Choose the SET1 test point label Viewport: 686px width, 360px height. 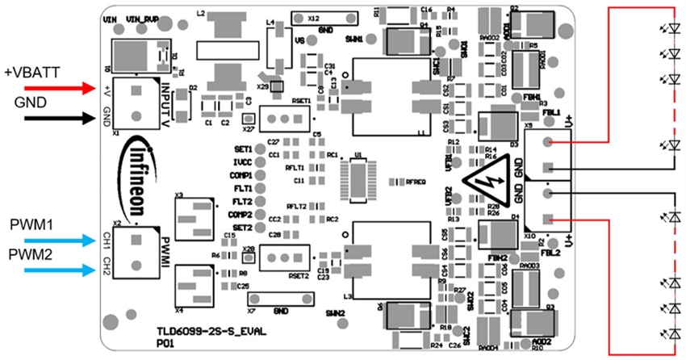click(242, 149)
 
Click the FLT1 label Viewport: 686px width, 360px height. click(242, 188)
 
